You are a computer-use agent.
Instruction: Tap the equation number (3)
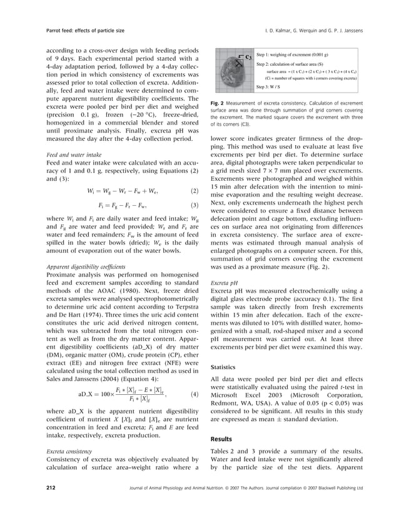(x=194, y=205)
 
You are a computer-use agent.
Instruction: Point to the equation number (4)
(x=194, y=395)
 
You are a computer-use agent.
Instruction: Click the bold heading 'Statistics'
(x=225, y=367)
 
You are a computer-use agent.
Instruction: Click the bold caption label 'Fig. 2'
(x=218, y=102)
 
